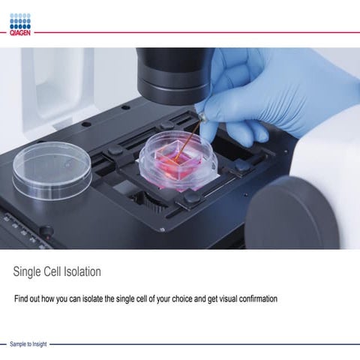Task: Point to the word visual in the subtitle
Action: click(217, 298)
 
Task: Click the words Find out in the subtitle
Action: click(25, 298)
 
